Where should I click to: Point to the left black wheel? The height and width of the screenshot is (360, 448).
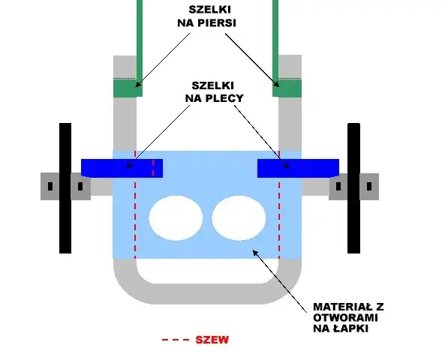tap(65, 188)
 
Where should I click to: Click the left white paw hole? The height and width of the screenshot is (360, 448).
tap(176, 217)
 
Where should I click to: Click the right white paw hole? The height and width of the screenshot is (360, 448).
tap(239, 217)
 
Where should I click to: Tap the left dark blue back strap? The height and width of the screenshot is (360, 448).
tap(122, 169)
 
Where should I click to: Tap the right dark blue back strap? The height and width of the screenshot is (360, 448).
tap(298, 169)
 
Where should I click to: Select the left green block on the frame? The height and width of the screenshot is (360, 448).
tap(128, 88)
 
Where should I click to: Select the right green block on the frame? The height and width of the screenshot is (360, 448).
tap(287, 88)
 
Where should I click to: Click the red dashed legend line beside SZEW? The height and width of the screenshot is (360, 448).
tap(176, 340)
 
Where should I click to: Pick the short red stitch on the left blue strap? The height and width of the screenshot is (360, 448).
tap(153, 168)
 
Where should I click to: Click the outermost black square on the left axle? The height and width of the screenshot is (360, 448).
tap(50, 187)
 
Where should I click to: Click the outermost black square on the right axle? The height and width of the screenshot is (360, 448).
tap(369, 187)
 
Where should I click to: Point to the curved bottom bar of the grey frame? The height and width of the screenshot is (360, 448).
tap(207, 294)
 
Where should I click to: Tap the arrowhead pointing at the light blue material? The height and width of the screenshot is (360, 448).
tap(255, 252)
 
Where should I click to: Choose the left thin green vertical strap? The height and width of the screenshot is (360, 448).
tap(140, 40)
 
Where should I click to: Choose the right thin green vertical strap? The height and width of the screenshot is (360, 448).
tap(275, 40)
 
